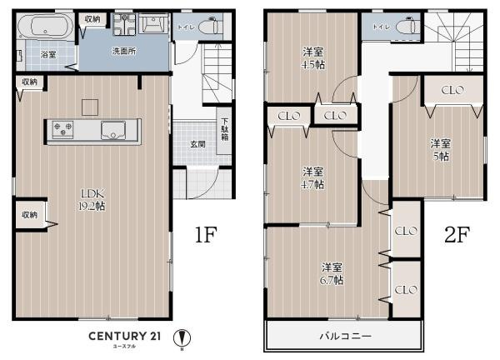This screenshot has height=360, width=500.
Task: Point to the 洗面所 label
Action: pos(124,51)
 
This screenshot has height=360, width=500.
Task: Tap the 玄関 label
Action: pos(197,144)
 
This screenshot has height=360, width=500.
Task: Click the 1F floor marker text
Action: pos(206,236)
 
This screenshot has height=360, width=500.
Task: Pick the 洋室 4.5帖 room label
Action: pos(313,57)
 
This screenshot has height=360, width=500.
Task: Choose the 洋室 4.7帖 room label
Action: pos(313,177)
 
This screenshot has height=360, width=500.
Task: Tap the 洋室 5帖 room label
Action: pos(440,148)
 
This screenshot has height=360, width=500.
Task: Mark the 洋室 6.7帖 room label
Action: pos(332,273)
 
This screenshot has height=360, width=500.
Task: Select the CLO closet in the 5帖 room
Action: pos(452,90)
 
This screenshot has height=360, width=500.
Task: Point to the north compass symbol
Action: pos(182,339)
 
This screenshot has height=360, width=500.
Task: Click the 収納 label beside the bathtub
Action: pos(92,18)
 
